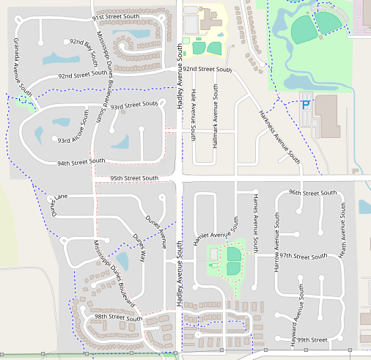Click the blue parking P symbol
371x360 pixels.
(305, 106)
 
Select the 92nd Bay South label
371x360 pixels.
(83, 53)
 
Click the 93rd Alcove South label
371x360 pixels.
(74, 139)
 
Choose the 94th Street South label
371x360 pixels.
(81, 162)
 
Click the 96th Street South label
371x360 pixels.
(313, 192)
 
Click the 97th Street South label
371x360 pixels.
(303, 257)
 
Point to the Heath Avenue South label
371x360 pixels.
(343, 229)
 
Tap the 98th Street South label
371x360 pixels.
(118, 317)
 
